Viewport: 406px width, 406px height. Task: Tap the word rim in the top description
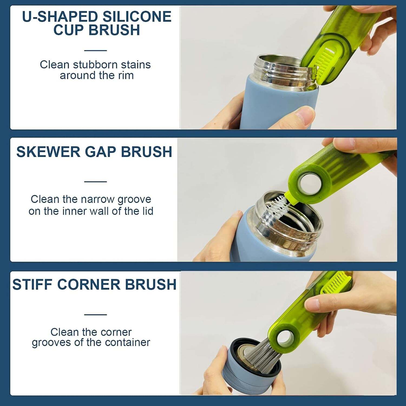pos(126,76)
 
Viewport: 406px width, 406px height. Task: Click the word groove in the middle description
pos(134,199)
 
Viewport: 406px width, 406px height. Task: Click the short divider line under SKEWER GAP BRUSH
pos(95,182)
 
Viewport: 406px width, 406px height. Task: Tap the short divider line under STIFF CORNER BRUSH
pos(95,315)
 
